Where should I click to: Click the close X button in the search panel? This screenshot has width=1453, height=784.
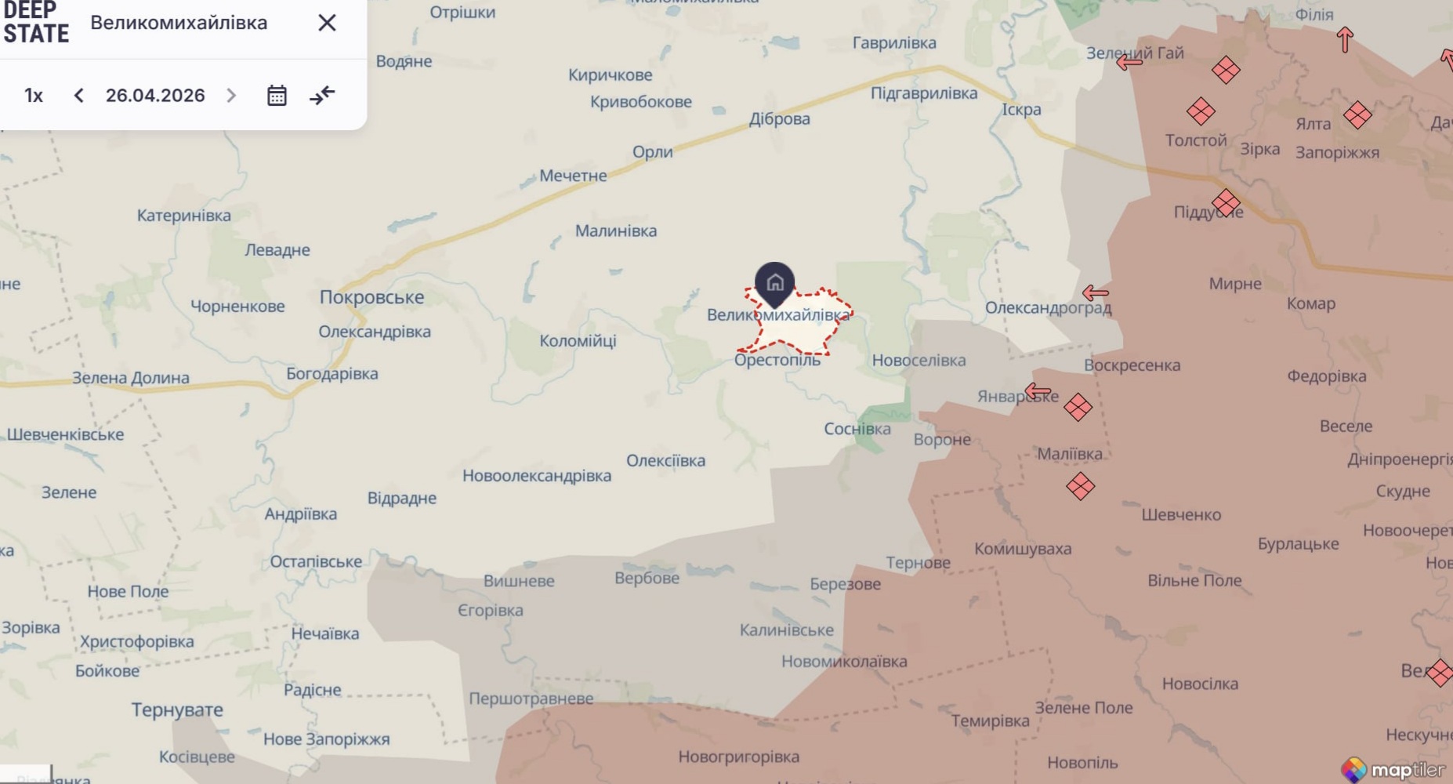click(x=327, y=23)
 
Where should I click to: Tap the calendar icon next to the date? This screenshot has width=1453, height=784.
click(x=277, y=96)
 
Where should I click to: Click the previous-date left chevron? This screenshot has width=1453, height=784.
click(x=78, y=96)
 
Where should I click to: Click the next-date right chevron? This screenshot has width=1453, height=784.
click(x=231, y=96)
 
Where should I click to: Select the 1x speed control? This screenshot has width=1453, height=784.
click(x=34, y=96)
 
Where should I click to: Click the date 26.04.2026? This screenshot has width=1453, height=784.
click(x=155, y=96)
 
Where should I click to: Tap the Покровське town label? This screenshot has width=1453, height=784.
click(x=371, y=297)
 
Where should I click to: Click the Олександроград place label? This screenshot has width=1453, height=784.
click(x=1048, y=307)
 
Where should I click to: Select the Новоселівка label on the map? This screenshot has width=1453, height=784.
click(x=919, y=361)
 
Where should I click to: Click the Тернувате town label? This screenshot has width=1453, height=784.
click(x=177, y=710)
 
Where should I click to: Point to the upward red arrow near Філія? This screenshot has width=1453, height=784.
click(x=1345, y=39)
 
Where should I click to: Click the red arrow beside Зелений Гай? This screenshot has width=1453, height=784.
click(x=1129, y=61)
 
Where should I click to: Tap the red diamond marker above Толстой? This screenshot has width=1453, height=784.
click(x=1201, y=111)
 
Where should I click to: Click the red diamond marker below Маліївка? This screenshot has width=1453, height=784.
click(x=1080, y=486)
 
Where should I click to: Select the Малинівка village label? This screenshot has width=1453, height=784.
click(x=616, y=231)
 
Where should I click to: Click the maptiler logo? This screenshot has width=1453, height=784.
click(x=1395, y=769)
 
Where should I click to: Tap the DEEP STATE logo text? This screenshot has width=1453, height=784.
click(x=36, y=23)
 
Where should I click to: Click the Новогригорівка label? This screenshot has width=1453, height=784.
click(x=738, y=757)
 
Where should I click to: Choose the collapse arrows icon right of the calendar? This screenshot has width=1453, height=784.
click(x=322, y=96)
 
